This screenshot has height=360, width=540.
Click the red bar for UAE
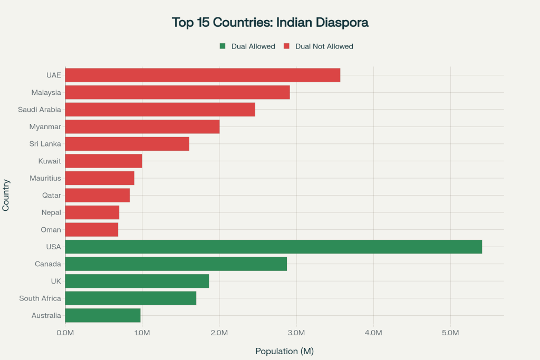202,75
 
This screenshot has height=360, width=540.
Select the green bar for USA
273,247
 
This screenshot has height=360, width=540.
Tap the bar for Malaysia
177,92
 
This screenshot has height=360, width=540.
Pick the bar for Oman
91,230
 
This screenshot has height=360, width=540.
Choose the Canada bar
176,264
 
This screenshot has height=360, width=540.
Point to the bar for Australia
102,315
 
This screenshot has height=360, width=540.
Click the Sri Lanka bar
127,144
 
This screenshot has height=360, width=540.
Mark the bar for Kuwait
103,161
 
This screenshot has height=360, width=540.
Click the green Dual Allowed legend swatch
223,46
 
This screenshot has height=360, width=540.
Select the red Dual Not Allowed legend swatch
287,46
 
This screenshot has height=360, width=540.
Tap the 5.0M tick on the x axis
450,333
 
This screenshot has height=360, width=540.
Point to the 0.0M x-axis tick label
65,333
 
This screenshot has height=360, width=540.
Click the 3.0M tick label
296,333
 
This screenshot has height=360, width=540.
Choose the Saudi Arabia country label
40,110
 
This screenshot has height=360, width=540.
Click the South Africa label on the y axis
40,298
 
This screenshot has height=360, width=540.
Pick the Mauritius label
45,178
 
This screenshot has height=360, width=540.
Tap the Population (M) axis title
284,351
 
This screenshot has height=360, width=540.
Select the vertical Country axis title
6,195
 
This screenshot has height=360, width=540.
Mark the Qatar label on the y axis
52,196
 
